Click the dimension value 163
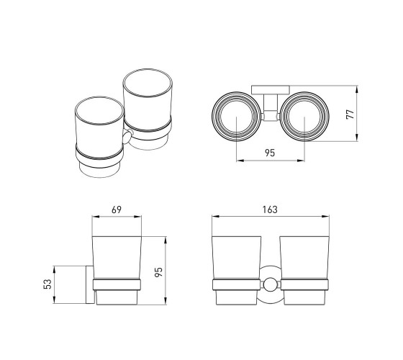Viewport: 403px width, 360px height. point(270,210)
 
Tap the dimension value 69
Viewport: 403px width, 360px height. point(117,210)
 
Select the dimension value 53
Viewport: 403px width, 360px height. point(47,284)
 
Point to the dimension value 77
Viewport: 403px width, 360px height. point(350,114)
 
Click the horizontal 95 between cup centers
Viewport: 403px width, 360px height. point(270,153)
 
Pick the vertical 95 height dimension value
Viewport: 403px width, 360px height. point(158,272)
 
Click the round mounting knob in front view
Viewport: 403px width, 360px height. point(271,285)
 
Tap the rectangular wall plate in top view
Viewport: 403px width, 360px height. point(271,90)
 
